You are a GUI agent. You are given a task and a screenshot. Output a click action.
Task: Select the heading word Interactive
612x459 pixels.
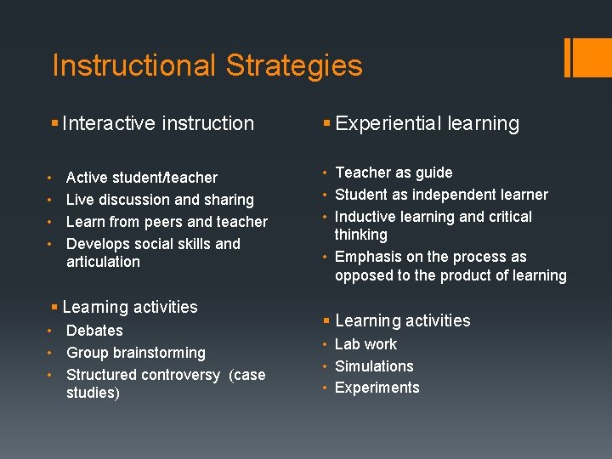click(x=108, y=123)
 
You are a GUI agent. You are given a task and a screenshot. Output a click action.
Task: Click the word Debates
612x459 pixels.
click(x=94, y=331)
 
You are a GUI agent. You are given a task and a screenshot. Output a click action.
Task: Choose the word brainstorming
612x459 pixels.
click(x=161, y=353)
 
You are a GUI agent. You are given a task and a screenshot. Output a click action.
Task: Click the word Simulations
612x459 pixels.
click(x=374, y=366)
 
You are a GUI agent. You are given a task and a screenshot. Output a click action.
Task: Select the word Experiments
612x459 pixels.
click(x=377, y=388)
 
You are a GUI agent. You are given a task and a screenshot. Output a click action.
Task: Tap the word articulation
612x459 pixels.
click(x=103, y=262)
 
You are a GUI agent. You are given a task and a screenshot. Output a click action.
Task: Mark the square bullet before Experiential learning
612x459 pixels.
click(x=326, y=124)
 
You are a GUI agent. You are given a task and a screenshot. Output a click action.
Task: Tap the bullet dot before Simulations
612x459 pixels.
click(x=326, y=366)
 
